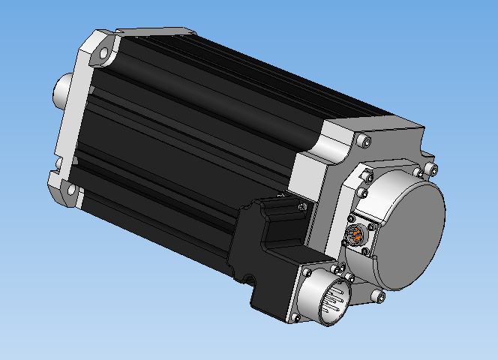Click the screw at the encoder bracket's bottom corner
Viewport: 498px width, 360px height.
[379, 297]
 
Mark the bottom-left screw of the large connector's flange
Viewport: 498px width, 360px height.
[295, 316]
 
